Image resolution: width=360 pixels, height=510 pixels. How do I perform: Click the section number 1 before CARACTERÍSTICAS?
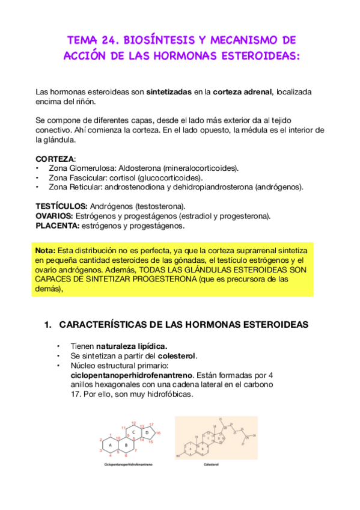click(47, 325)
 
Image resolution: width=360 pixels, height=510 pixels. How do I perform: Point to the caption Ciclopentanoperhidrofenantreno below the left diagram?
click(128, 465)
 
